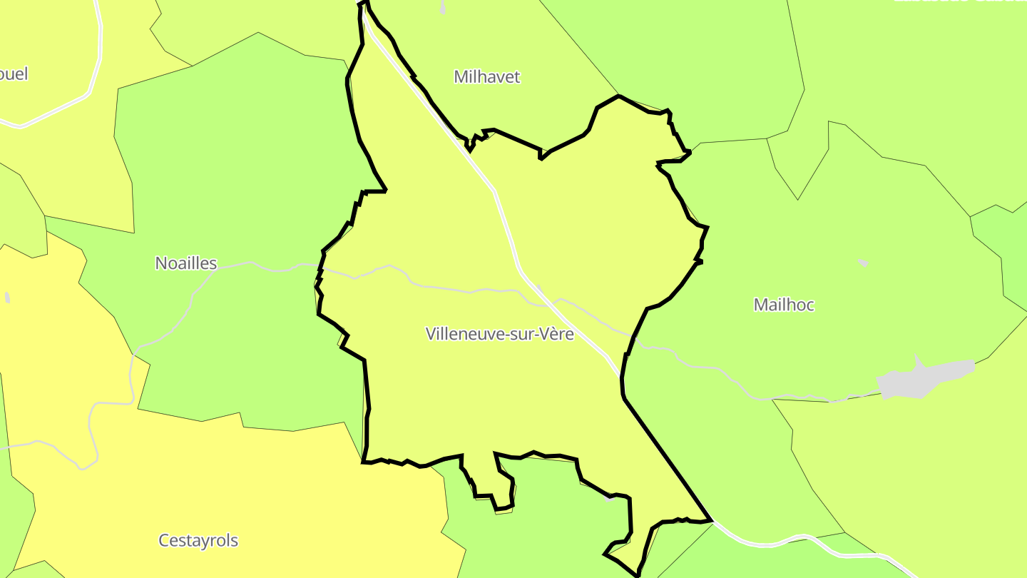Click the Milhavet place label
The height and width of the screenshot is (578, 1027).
point(487,77)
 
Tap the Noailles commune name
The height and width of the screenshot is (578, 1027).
point(185,263)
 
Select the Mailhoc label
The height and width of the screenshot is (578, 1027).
point(784,305)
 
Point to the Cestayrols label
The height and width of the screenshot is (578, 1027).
point(198,540)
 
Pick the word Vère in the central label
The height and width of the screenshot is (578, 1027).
point(556,333)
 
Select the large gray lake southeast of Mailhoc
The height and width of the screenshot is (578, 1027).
point(924,379)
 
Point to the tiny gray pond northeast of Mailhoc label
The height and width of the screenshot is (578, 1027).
point(863,263)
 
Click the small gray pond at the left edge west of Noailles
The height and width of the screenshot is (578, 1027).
point(7,298)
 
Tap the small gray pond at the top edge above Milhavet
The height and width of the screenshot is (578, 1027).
point(443,7)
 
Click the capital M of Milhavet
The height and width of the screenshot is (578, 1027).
point(461,77)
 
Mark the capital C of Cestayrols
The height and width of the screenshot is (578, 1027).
point(163,540)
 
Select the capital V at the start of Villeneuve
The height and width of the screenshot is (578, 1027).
point(430,333)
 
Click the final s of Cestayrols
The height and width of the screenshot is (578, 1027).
point(235,540)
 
